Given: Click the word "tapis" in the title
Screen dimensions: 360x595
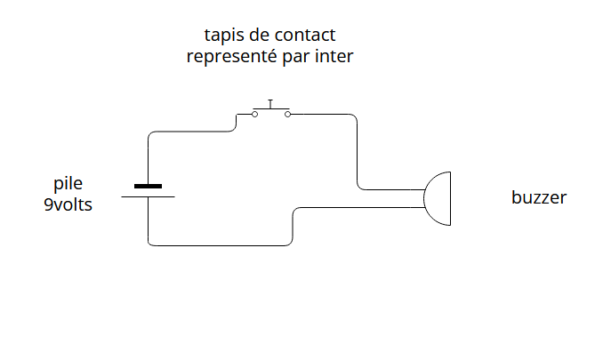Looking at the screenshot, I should (x=223, y=36).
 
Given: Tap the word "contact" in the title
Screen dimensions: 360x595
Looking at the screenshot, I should (x=307, y=36).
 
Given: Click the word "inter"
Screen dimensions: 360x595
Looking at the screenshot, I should (x=335, y=57).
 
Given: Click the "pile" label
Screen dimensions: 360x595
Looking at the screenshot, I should (x=68, y=184).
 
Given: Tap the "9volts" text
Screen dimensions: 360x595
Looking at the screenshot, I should (x=68, y=204).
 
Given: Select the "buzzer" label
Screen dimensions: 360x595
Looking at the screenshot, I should (x=538, y=197).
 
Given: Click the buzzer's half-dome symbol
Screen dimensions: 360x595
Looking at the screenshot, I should (x=440, y=198).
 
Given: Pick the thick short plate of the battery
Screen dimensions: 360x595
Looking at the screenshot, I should (x=148, y=187).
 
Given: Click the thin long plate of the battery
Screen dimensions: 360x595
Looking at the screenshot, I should (x=148, y=196).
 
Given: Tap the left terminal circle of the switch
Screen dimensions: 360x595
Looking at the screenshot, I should (x=253, y=114).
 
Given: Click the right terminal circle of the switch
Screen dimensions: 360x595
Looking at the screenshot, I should (x=287, y=114).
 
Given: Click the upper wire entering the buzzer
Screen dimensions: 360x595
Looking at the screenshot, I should (x=391, y=189).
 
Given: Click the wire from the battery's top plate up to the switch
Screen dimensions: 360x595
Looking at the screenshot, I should (x=149, y=156).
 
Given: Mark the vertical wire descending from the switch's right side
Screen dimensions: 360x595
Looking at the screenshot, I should (x=357, y=151).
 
